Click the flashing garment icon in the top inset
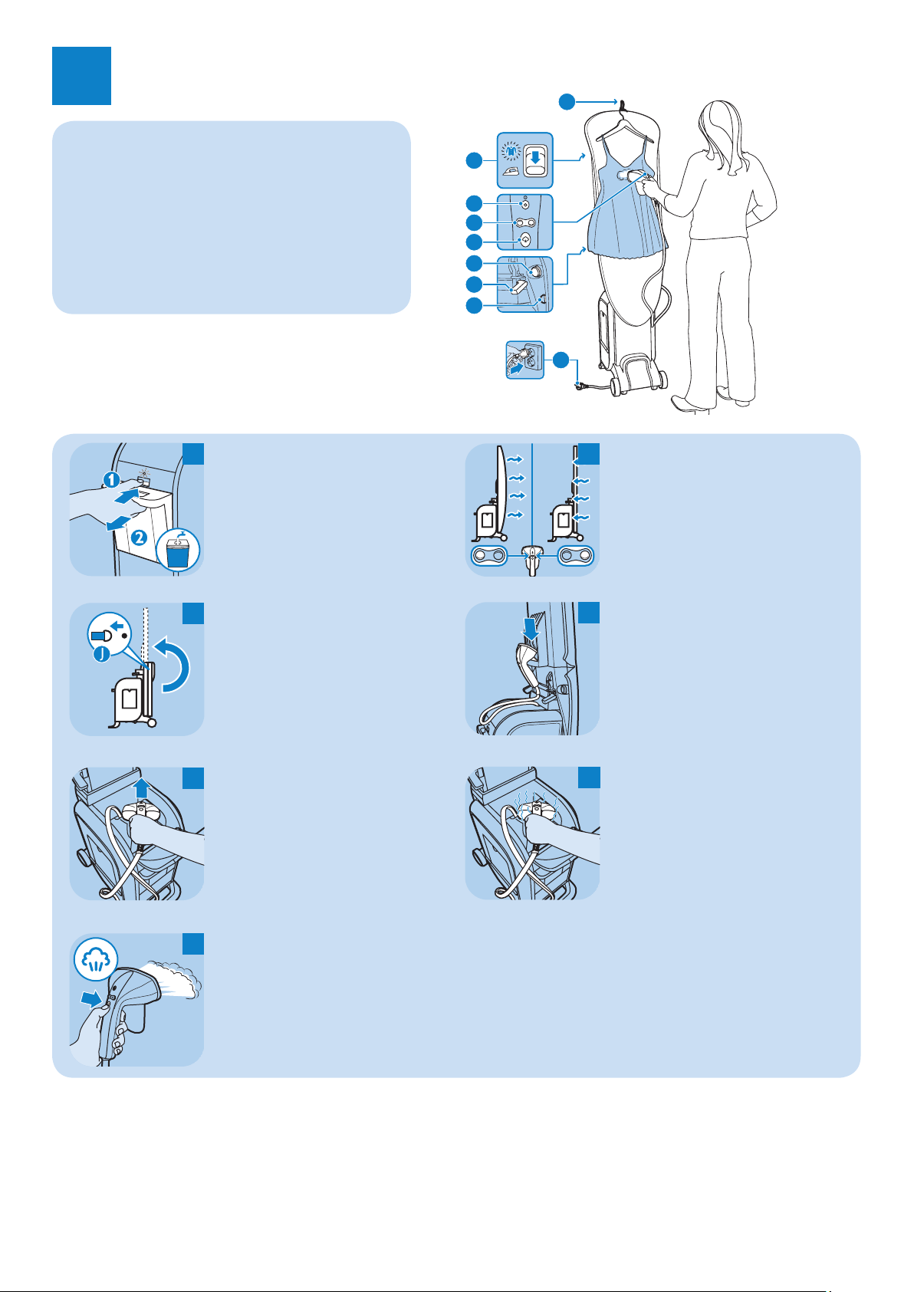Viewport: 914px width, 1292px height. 508,147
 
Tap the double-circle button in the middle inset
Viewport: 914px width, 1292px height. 524,222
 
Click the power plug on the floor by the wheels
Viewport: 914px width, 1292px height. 584,386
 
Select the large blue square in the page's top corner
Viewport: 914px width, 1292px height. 81,76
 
